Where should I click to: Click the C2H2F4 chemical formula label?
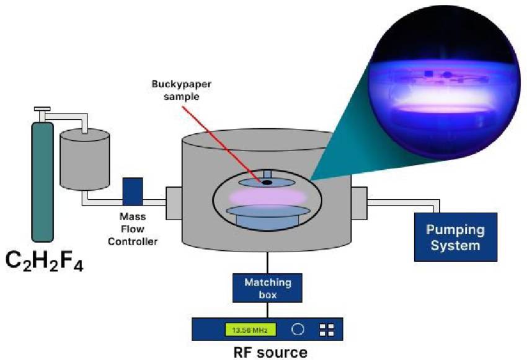tap(45, 261)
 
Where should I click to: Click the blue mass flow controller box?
tap(133, 191)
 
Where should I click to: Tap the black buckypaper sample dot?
tap(266, 182)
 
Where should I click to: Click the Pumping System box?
tap(455, 237)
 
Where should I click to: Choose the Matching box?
tap(267, 288)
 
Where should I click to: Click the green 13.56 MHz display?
tap(250, 330)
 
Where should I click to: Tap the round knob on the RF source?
tap(298, 330)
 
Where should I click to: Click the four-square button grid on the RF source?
tap(326, 330)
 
